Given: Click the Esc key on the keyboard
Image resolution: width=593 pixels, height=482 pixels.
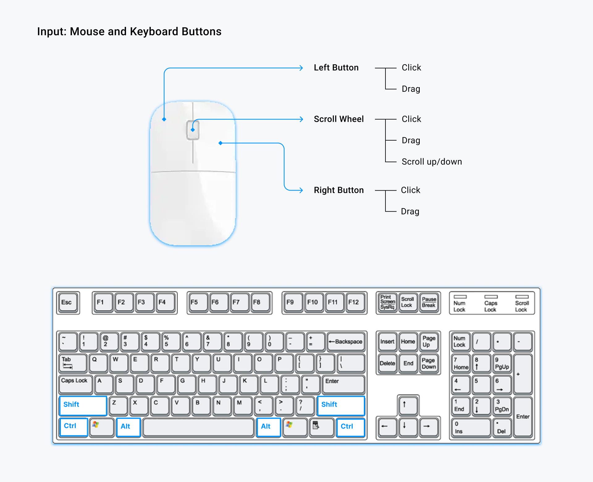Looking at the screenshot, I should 68,302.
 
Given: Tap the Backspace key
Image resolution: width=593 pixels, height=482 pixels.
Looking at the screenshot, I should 346,342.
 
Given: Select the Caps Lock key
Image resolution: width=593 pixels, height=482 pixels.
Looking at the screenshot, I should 75,384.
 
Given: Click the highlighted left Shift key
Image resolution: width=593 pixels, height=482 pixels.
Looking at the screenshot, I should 83,405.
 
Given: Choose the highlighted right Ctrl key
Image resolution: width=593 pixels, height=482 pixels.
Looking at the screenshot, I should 350,427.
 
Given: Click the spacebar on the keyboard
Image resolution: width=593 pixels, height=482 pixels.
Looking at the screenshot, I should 198,427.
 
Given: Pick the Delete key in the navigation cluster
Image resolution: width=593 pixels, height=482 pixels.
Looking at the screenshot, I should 387,364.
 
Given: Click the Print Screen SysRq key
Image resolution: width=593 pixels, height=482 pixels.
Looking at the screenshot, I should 387,302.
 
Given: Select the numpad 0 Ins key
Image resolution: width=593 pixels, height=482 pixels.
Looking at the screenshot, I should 470,427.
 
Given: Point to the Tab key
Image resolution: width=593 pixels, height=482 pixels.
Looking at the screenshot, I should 72,363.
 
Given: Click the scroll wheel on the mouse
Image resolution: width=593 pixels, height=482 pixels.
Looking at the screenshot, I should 193,130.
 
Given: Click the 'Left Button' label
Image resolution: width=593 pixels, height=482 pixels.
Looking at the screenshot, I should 336,68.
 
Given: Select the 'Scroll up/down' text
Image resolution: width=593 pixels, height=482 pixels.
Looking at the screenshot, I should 431,162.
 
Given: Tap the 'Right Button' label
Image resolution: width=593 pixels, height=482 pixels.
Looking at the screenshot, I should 339,190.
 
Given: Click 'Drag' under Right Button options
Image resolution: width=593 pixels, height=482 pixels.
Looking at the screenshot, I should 410,211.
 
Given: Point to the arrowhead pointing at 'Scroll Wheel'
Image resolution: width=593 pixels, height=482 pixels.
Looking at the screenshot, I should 301,119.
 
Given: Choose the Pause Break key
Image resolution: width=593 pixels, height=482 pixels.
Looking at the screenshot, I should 429,302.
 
